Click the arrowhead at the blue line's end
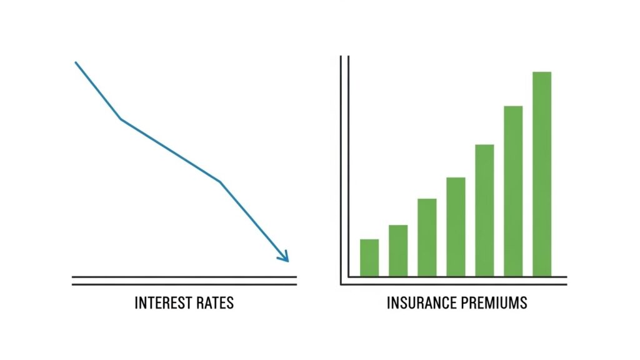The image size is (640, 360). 284,257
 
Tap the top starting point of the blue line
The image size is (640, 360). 76,62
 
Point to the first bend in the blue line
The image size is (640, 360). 121,119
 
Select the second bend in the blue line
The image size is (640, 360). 219,182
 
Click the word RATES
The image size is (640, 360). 215,303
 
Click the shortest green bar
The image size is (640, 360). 369,258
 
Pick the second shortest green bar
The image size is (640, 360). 398,251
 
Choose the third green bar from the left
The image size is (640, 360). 427,237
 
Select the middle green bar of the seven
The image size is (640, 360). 456,227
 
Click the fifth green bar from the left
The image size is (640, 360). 484,211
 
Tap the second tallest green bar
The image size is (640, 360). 513,191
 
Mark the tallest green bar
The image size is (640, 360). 542,174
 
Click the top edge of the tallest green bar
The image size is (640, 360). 542,72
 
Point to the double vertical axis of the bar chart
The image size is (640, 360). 344,169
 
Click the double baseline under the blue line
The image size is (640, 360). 184,281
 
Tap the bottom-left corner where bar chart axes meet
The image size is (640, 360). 341,284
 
